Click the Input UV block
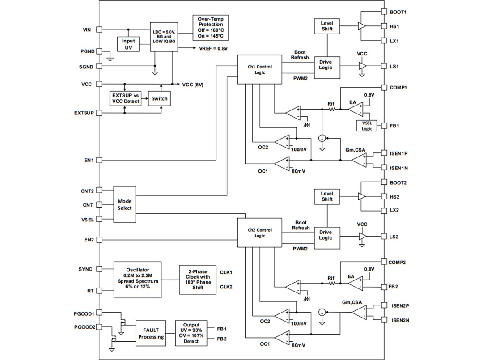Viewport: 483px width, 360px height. [128, 44]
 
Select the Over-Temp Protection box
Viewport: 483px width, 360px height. [210, 27]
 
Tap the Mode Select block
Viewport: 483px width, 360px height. [125, 204]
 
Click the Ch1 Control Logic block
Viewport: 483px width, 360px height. [260, 69]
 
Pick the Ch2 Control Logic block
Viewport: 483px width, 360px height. [260, 233]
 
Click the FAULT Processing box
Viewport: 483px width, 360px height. [151, 333]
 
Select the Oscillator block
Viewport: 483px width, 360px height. [138, 277]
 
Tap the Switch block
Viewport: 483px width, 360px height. [160, 98]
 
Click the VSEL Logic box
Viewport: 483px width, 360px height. [367, 126]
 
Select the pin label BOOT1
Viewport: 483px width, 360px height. [398, 12]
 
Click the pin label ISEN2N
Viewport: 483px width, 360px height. [399, 320]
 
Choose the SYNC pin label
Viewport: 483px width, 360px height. [85, 269]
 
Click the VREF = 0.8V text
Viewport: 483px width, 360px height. [213, 48]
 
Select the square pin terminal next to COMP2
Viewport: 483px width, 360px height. [383, 262]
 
